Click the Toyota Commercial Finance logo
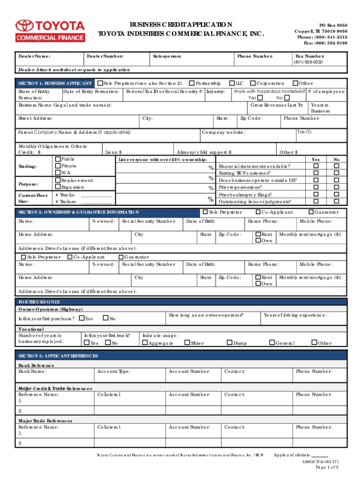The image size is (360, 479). tap(50, 30)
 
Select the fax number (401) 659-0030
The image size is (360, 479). tap(308, 62)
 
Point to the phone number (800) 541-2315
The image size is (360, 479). tap(322, 36)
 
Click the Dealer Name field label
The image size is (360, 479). tap(34, 56)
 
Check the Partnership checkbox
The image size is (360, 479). tap(191, 83)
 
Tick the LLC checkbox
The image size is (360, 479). tap(231, 83)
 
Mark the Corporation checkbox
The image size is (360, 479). tap(252, 83)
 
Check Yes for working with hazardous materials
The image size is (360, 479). tap(260, 98)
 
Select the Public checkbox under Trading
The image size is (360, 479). tap(58, 159)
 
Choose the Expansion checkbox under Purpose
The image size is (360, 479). tap(58, 187)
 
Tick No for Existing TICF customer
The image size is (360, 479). tap(336, 173)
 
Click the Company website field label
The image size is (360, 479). tap(223, 132)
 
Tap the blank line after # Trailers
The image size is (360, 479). tap(97, 202)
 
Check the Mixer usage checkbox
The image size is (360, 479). tap(187, 343)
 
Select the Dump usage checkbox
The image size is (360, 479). tap(230, 343)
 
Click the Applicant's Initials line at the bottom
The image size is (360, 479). tap(319, 455)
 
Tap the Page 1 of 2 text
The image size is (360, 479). tap(327, 467)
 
